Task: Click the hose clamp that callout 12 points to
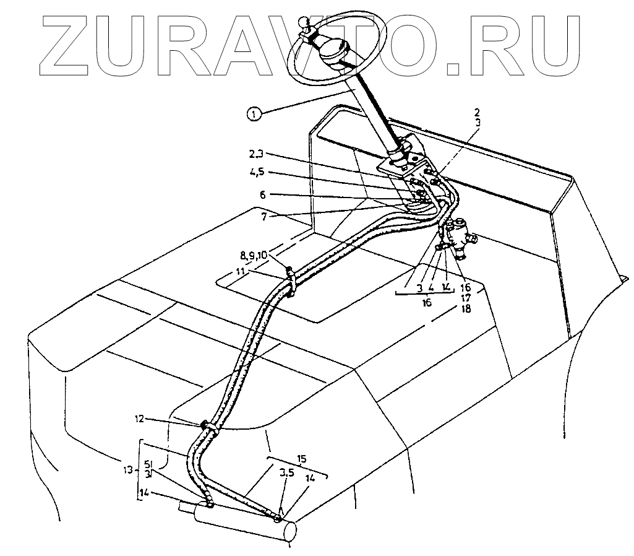pyautogui.click(x=208, y=426)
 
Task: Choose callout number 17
pyautogui.click(x=466, y=297)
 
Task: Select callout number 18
pyautogui.click(x=466, y=308)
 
